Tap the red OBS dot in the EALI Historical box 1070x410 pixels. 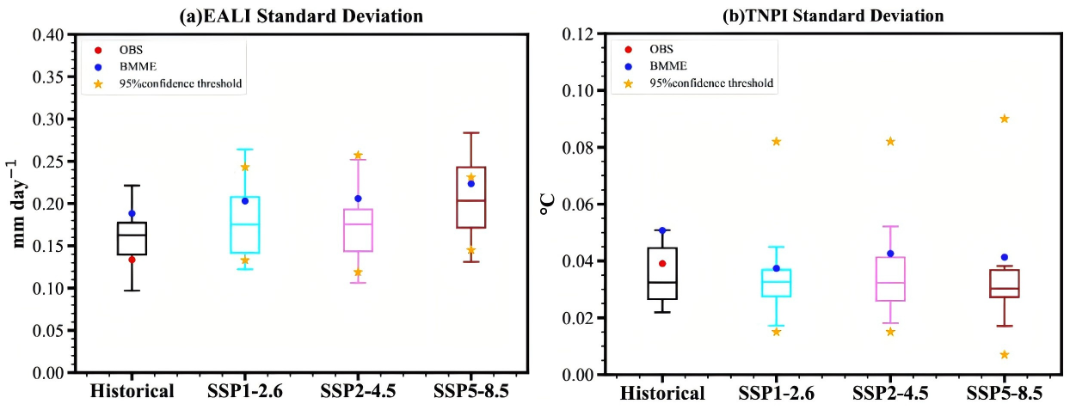(132, 260)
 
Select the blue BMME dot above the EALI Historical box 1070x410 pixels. (132, 213)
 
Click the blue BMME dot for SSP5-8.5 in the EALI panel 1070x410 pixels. (470, 183)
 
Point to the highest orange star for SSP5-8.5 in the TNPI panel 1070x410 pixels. (1004, 119)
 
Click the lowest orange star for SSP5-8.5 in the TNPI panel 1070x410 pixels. (1004, 354)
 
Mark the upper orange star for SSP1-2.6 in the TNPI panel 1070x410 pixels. (776, 141)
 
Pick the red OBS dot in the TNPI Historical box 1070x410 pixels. (662, 264)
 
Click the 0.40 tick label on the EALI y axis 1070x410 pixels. (50, 35)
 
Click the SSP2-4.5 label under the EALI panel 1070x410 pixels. (358, 392)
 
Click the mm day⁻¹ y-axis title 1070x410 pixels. (19, 204)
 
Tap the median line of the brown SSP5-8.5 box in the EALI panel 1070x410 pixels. (470, 200)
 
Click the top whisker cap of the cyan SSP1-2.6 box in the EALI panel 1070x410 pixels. (245, 150)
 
